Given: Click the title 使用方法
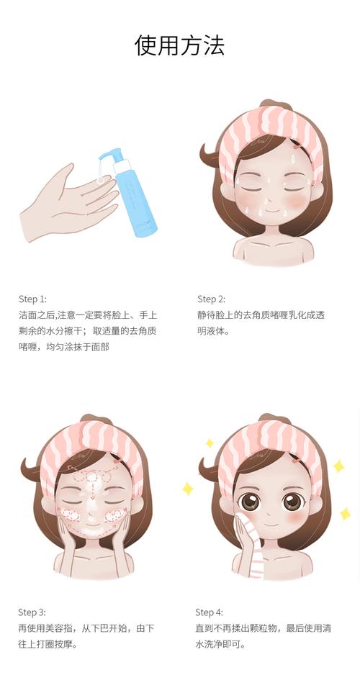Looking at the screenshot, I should coord(179,45).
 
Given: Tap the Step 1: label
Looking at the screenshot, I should coord(32,299).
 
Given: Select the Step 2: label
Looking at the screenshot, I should coord(211,299).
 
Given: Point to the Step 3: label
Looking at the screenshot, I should coord(32,612).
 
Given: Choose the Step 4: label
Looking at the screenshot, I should coord(209,612).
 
